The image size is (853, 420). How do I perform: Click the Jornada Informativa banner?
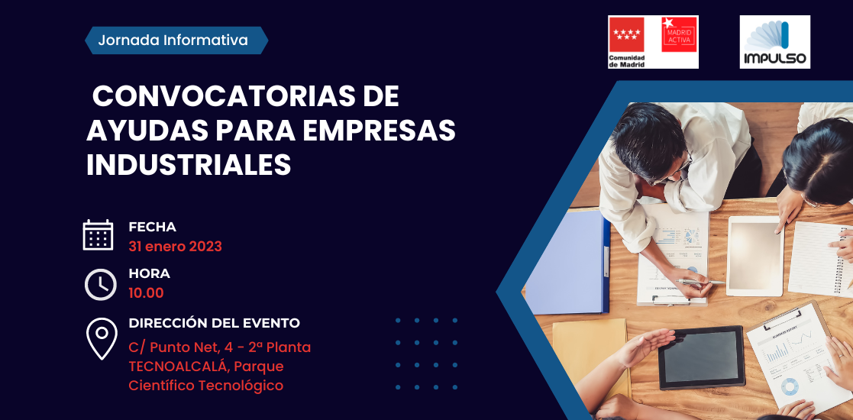point(176,40)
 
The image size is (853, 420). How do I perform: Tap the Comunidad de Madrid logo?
point(627,42)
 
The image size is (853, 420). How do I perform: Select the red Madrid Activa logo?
point(679,34)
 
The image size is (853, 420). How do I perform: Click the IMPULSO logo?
point(774,42)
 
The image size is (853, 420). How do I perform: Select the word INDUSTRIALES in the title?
point(189,165)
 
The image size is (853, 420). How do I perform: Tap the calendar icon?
point(98,235)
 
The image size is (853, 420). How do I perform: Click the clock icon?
point(101,285)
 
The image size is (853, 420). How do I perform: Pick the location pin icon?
point(102,338)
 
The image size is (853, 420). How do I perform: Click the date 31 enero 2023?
point(175,247)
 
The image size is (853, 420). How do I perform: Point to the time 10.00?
point(146,293)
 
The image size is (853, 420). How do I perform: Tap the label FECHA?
point(152,227)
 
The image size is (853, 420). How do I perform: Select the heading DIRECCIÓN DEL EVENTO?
point(215,323)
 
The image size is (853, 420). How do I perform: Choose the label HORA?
point(149,273)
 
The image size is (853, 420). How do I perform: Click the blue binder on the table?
point(567,262)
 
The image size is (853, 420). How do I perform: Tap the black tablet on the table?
point(701,357)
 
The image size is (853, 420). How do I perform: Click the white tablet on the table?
point(755,257)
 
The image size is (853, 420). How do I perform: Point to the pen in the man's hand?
point(701,281)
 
